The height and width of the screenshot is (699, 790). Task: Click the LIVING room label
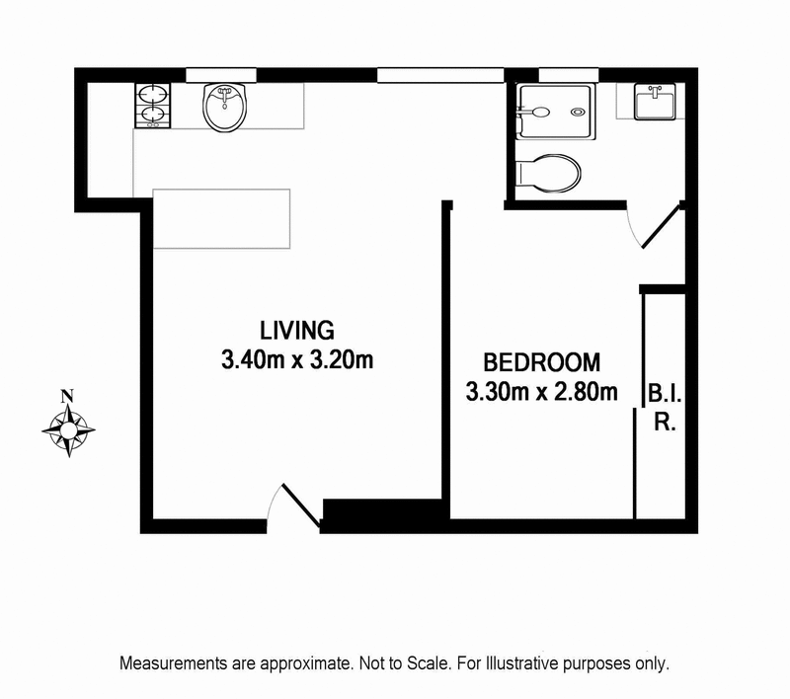[x=297, y=329]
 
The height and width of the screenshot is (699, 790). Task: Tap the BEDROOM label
[x=540, y=361]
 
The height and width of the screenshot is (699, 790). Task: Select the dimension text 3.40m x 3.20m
[x=297, y=359]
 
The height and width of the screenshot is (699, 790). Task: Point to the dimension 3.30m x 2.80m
[x=541, y=392]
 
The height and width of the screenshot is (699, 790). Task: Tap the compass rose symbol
[x=68, y=429]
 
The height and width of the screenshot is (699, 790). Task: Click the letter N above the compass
[x=67, y=397]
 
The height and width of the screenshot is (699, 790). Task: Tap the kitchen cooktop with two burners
[x=153, y=106]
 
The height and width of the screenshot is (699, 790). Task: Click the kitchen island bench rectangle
[x=220, y=219]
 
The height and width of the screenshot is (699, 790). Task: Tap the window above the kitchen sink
[x=222, y=75]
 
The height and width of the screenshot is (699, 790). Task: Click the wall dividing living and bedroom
[x=446, y=355]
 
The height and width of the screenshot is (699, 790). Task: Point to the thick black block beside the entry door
[x=385, y=515]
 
